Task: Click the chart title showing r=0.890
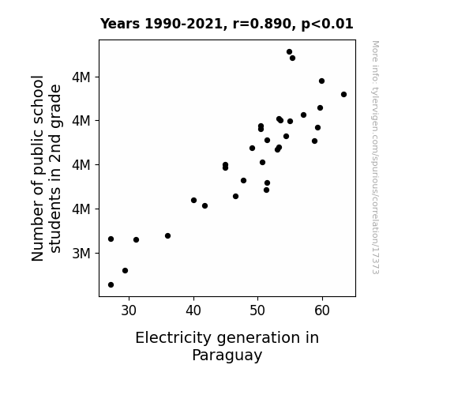click(x=227, y=24)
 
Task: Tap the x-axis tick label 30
click(x=129, y=311)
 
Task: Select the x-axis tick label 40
click(x=193, y=311)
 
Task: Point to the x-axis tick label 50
click(x=257, y=311)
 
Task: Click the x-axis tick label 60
click(x=322, y=311)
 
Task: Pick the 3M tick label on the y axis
click(x=81, y=254)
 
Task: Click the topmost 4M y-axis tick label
click(x=81, y=77)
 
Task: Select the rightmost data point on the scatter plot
click(x=343, y=95)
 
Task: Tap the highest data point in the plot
click(x=289, y=52)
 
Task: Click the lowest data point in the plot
click(x=111, y=285)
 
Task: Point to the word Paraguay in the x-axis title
click(x=227, y=355)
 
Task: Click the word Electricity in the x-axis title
click(x=174, y=338)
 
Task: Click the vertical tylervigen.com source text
click(x=376, y=157)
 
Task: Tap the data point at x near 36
click(x=167, y=236)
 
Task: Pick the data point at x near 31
click(x=136, y=240)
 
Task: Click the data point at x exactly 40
click(x=193, y=200)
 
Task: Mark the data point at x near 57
click(x=303, y=115)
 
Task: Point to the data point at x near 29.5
click(x=125, y=271)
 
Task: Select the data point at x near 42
click(x=204, y=206)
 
